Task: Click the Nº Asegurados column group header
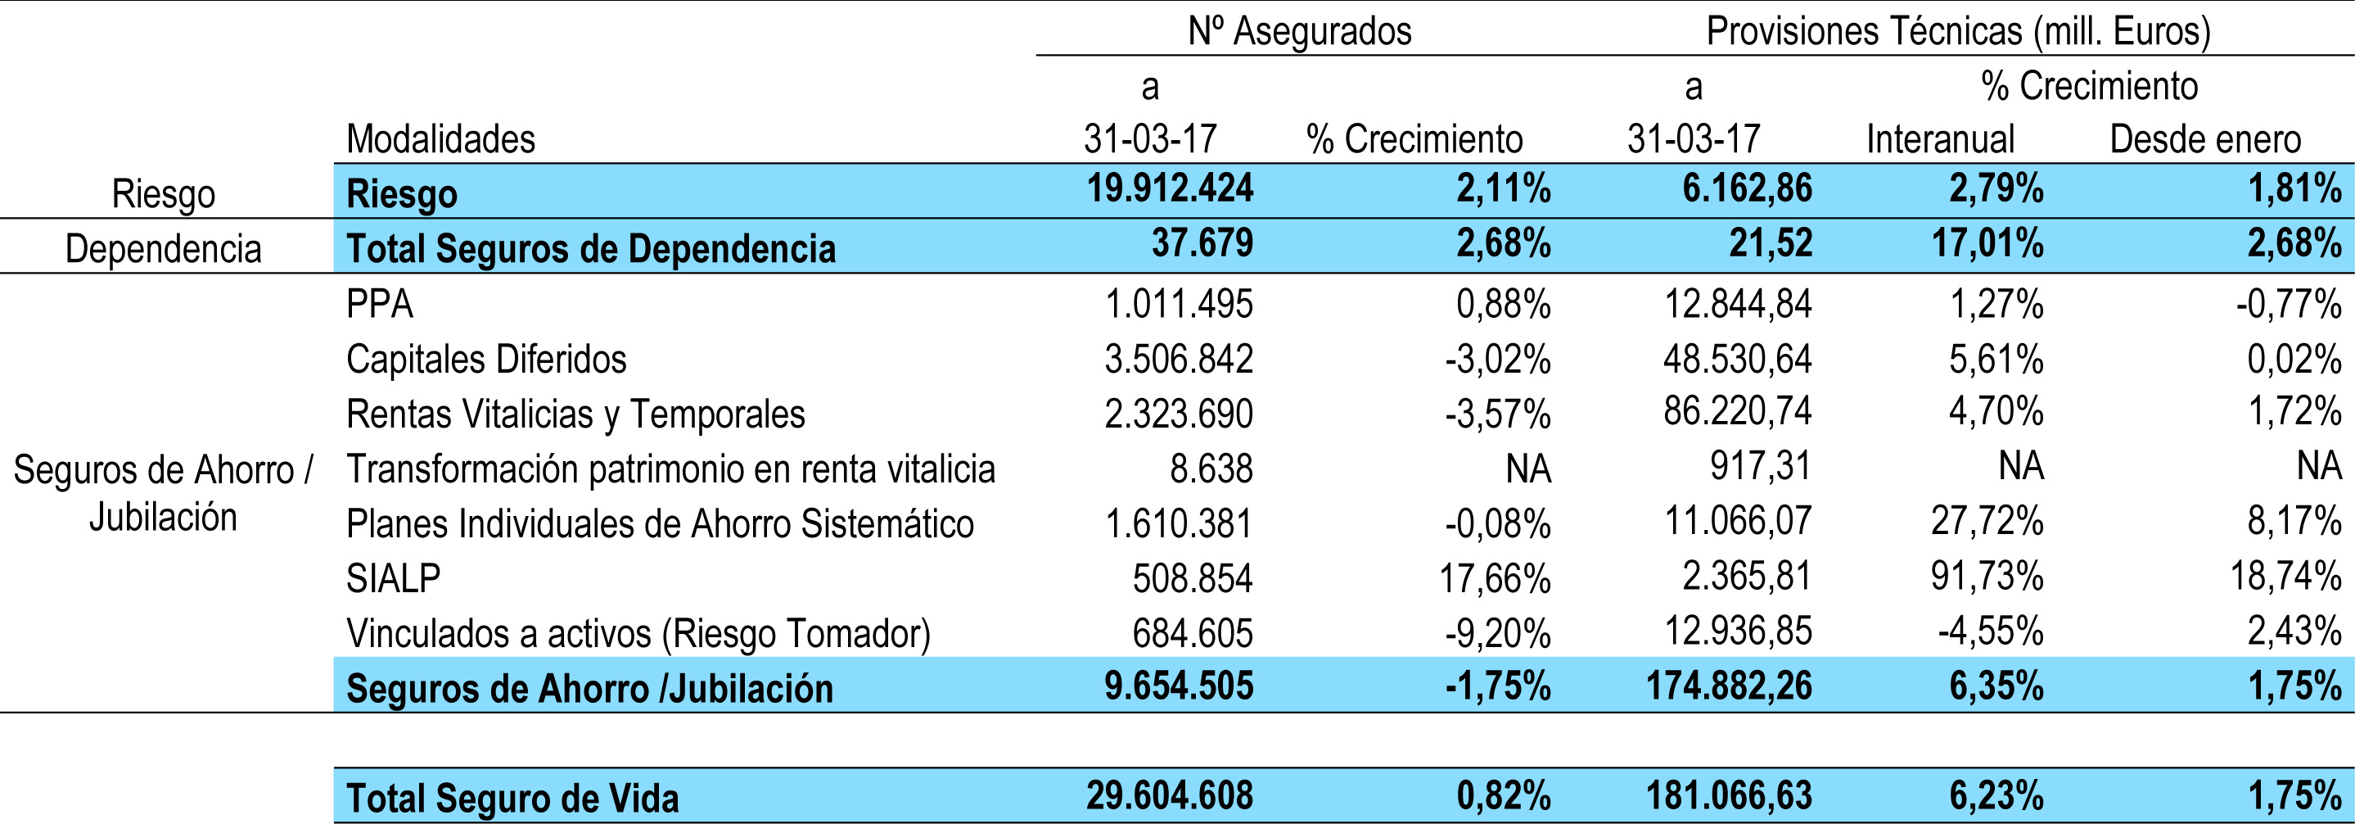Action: (x=1299, y=31)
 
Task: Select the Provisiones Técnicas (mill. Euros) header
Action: (x=1957, y=31)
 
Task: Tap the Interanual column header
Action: (x=1940, y=139)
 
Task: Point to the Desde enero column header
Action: (x=2204, y=139)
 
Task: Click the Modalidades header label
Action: (x=440, y=139)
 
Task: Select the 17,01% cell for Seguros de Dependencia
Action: (x=1987, y=244)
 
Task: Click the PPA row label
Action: (x=379, y=304)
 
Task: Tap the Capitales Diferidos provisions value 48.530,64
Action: (x=1737, y=359)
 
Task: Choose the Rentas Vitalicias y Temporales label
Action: (x=575, y=414)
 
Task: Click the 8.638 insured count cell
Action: (x=1211, y=469)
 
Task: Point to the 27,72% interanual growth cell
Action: (x=1987, y=521)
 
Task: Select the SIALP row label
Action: (x=393, y=578)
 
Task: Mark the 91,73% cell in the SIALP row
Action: (x=1987, y=576)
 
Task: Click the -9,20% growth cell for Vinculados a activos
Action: (x=1497, y=633)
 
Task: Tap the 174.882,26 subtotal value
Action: (x=1729, y=686)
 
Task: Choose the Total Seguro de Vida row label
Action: (x=513, y=798)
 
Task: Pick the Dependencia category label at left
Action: (x=163, y=249)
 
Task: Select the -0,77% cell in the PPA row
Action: (x=2288, y=304)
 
